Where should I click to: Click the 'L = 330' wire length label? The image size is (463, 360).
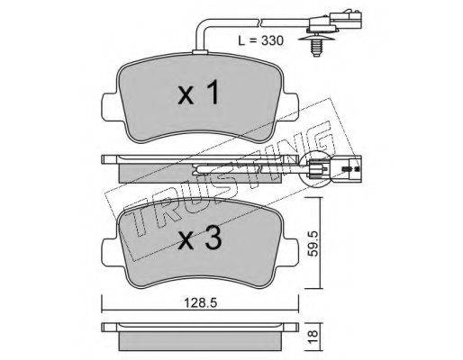[260, 40]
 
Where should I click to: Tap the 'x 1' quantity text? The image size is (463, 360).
[198, 94]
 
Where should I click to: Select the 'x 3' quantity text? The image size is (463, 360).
[200, 238]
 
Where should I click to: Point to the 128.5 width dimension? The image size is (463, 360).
[200, 303]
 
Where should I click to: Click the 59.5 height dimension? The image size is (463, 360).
[313, 243]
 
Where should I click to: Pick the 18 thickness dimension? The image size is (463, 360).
[313, 337]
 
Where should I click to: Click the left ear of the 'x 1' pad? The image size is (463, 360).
[111, 107]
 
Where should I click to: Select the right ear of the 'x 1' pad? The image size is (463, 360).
[290, 107]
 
